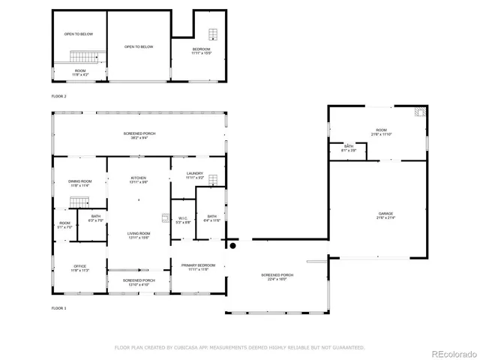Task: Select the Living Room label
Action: (x=138, y=235)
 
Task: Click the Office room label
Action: (x=79, y=268)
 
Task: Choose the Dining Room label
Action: (x=79, y=182)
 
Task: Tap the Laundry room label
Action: (x=194, y=175)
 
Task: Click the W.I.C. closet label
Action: (x=183, y=220)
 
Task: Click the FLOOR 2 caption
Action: (x=58, y=97)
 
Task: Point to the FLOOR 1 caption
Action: (x=58, y=308)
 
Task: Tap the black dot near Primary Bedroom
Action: (x=232, y=245)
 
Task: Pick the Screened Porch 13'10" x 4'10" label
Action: (x=138, y=282)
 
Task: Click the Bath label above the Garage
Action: (x=349, y=148)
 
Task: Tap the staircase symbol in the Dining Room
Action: (x=79, y=202)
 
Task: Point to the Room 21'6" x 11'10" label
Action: (x=382, y=132)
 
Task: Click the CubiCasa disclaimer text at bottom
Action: (x=239, y=347)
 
